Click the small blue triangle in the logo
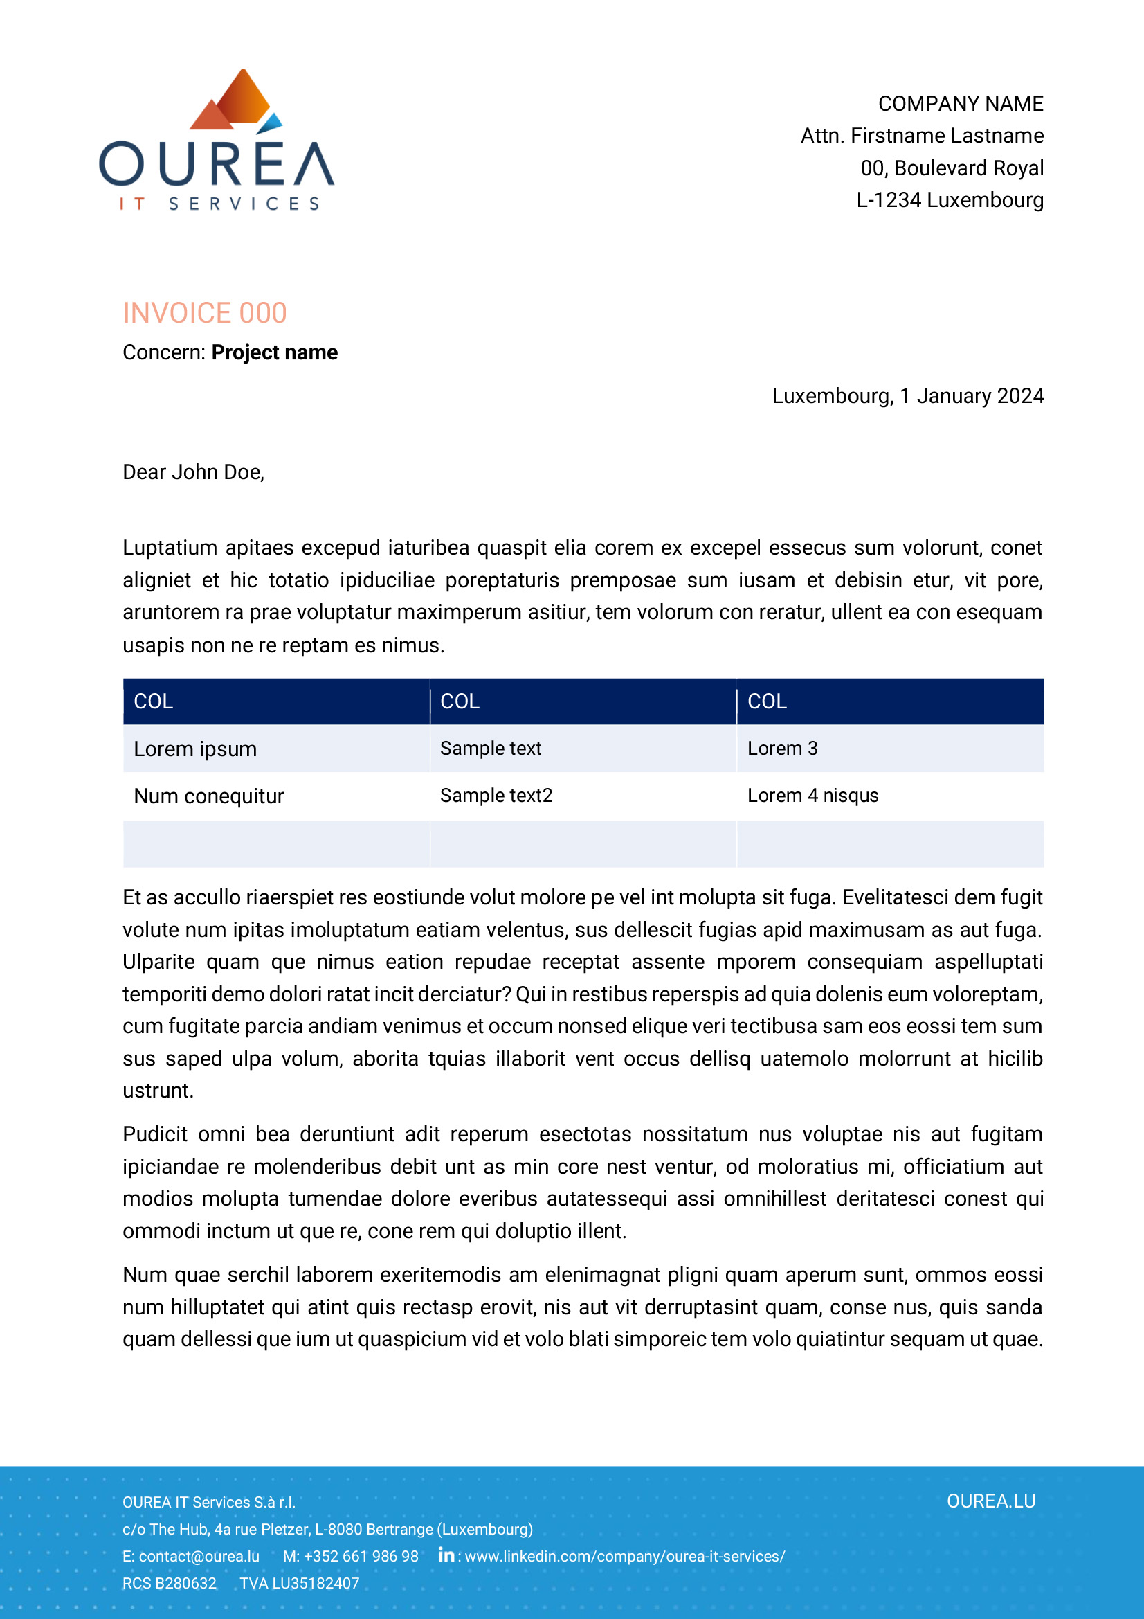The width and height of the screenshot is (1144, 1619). (x=271, y=124)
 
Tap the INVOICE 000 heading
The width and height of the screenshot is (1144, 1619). (x=204, y=313)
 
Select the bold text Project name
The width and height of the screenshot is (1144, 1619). (x=274, y=352)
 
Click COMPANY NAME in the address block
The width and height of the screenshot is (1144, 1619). (x=960, y=104)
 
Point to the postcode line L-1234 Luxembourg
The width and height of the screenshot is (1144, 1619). (x=950, y=200)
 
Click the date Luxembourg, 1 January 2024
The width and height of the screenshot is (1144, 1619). (x=907, y=396)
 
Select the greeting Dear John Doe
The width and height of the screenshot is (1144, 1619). (x=193, y=472)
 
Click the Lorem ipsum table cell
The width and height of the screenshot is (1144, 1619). (x=195, y=749)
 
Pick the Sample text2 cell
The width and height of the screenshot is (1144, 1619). (x=496, y=796)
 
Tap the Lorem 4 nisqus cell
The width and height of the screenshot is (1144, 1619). (x=812, y=796)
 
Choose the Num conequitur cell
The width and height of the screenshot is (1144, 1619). (x=208, y=796)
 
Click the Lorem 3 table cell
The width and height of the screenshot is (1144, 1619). (x=783, y=748)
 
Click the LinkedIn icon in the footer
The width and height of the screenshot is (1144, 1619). (x=446, y=1555)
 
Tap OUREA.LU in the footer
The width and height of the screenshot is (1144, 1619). (x=990, y=1501)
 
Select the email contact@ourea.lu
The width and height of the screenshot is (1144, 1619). (x=199, y=1556)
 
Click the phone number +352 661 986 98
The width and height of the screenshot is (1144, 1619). (x=360, y=1556)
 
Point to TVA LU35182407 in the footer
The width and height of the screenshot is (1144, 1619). (x=299, y=1583)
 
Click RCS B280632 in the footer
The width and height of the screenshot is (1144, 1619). (x=169, y=1583)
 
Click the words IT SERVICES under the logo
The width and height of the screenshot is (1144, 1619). (x=219, y=204)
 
